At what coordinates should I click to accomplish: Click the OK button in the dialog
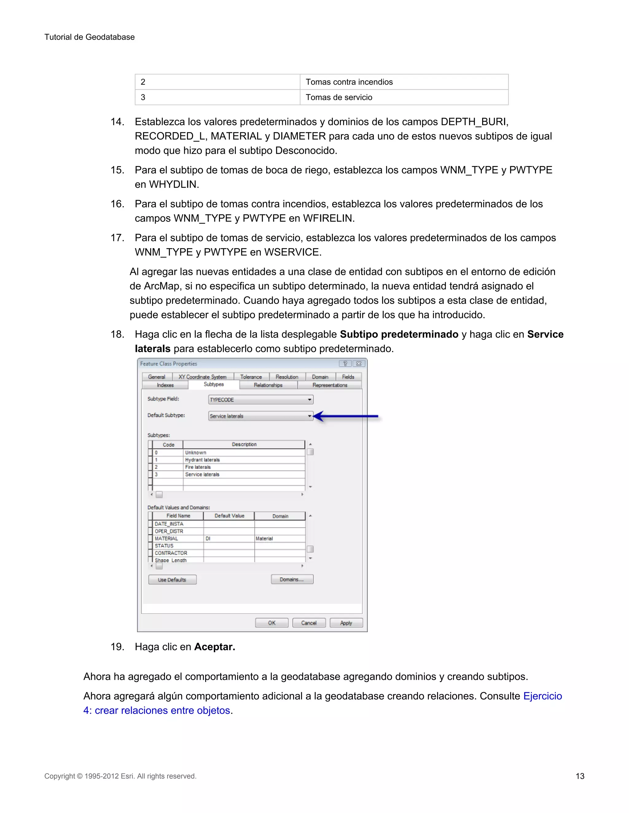[272, 623]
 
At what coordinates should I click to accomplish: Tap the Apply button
[346, 623]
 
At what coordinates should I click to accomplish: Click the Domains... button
[292, 580]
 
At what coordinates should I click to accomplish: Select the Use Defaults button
[172, 580]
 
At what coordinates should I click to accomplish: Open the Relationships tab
[268, 385]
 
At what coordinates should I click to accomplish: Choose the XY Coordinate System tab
[202, 377]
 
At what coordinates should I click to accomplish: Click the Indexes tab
[165, 385]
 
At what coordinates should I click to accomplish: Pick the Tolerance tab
[251, 377]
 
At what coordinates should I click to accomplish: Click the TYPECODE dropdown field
[260, 400]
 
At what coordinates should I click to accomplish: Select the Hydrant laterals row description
[202, 460]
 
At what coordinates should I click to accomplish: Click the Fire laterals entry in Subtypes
[198, 467]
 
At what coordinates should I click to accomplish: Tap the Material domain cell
[264, 539]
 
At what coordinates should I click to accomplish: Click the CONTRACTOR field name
[171, 553]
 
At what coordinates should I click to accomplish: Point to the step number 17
[117, 238]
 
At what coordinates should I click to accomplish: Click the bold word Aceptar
[215, 647]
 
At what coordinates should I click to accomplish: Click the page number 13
[580, 776]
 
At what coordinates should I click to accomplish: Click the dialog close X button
[358, 364]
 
